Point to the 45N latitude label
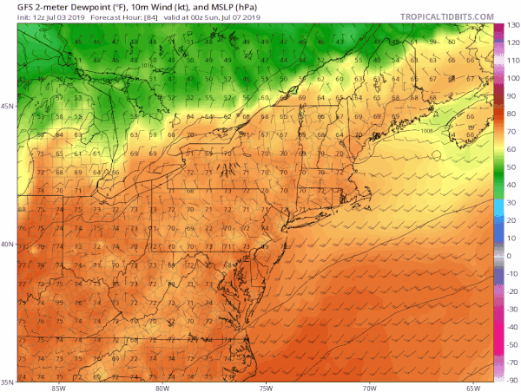(x=8, y=107)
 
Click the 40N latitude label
(x=8, y=244)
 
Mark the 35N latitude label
(x=8, y=381)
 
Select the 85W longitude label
(x=59, y=388)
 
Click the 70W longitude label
(x=371, y=388)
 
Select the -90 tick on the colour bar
(x=513, y=379)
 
